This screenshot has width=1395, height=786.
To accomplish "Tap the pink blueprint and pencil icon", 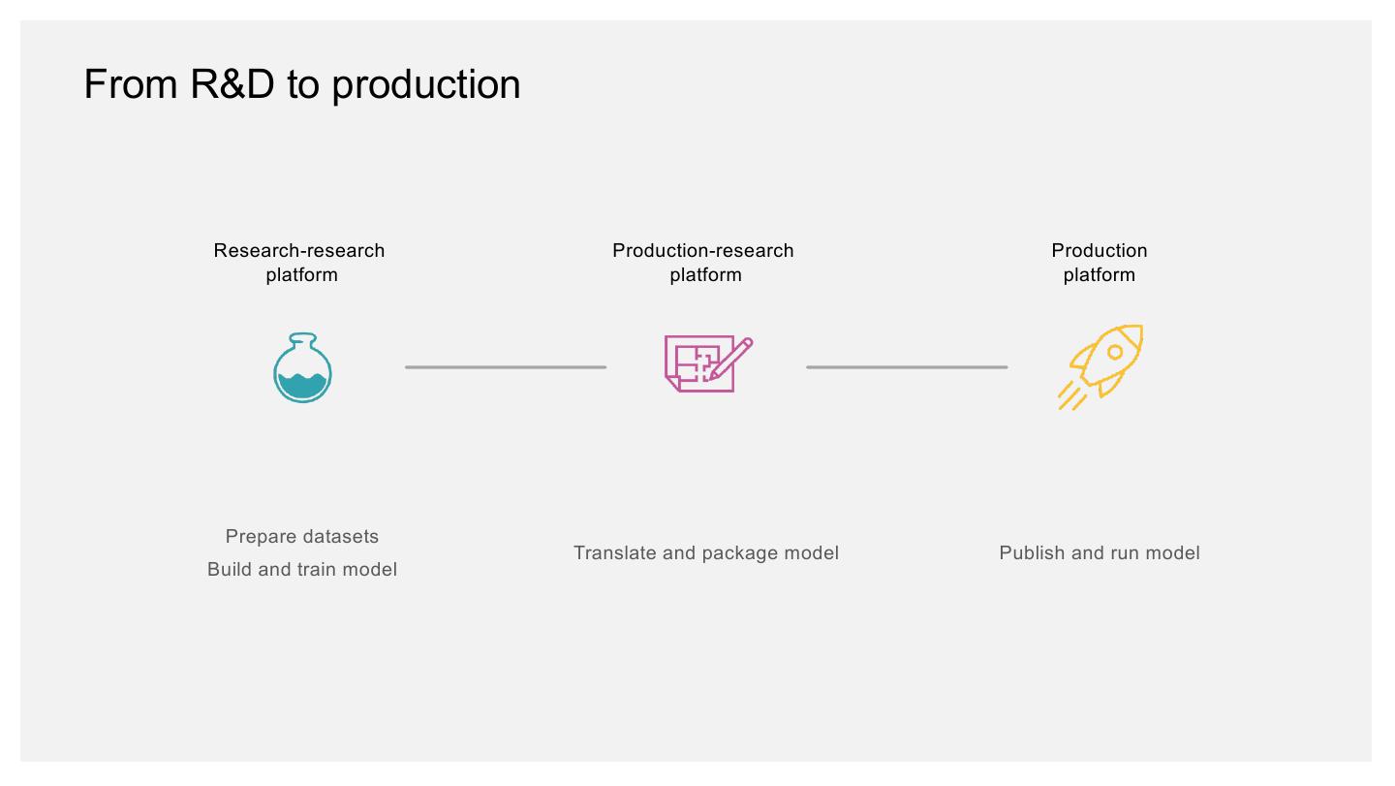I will (x=707, y=363).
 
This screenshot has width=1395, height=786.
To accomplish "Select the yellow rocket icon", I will (x=1101, y=365).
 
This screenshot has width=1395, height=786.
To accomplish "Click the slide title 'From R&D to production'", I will (x=302, y=84).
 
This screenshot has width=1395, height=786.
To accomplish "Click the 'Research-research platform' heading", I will (x=300, y=263).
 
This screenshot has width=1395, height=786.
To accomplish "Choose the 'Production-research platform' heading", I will (x=703, y=263).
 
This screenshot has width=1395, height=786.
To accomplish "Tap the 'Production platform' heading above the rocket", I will (x=1100, y=263).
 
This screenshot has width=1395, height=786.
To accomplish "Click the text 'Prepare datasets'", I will (x=302, y=537).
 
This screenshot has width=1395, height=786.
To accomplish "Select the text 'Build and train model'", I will (x=302, y=570).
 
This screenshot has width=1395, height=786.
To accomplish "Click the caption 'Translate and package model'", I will (x=706, y=553).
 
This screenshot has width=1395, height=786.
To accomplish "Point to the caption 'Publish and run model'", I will (x=1100, y=553).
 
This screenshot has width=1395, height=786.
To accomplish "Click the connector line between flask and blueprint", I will (x=506, y=367).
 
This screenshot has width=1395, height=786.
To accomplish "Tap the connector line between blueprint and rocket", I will (x=907, y=367).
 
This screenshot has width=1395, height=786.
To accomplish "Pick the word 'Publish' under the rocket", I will (x=1031, y=553).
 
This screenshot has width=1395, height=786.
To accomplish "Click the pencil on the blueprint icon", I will (x=732, y=357).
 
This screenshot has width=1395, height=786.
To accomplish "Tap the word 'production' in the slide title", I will (x=426, y=84).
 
